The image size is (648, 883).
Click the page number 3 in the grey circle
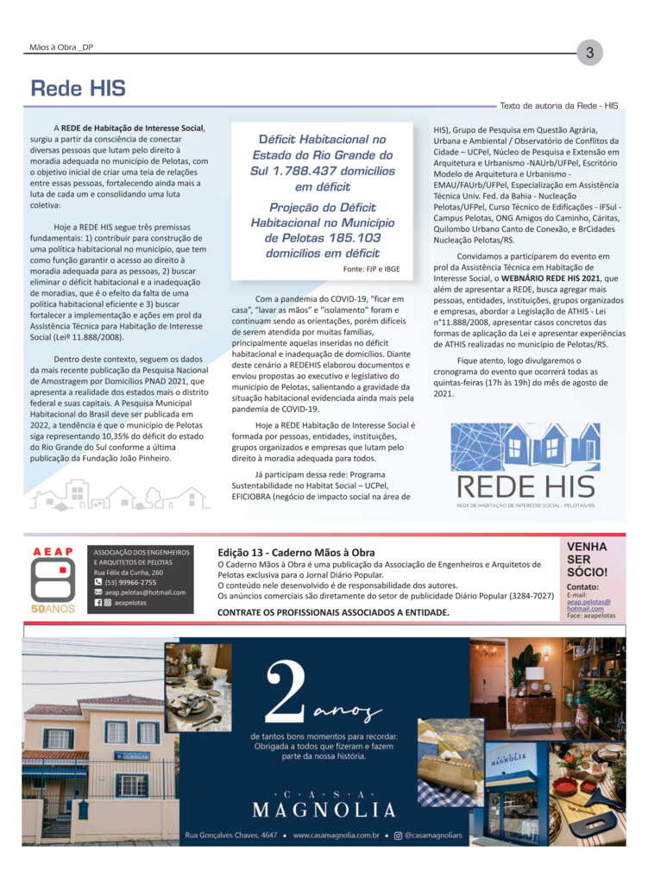point(589,53)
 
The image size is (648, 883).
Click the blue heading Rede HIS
point(78,88)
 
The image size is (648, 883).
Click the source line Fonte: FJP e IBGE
point(369,270)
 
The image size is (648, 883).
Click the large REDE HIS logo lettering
point(525,486)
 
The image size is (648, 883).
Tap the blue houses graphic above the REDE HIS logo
point(525,446)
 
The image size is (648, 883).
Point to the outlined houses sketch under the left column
point(119,495)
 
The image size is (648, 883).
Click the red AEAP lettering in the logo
point(53,552)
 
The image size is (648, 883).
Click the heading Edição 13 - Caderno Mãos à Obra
point(296,552)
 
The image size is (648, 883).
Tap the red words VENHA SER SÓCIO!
point(587,559)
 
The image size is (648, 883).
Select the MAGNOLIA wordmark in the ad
point(324,810)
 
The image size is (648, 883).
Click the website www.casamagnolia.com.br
point(337,835)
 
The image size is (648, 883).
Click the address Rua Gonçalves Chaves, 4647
point(231,835)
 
